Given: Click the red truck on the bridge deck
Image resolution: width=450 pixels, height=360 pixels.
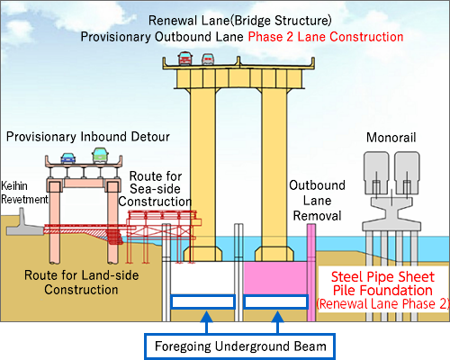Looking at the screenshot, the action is click(x=184, y=58).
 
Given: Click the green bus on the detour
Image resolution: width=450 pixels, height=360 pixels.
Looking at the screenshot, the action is click(x=100, y=156).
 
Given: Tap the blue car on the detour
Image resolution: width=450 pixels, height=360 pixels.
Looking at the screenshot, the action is click(x=68, y=158).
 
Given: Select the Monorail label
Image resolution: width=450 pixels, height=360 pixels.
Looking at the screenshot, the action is click(x=391, y=138).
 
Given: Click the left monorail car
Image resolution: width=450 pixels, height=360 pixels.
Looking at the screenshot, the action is click(x=376, y=173).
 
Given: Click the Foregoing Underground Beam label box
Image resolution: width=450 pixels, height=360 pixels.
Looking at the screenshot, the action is click(x=240, y=346).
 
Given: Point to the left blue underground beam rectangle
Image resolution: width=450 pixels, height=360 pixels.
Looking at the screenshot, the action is click(x=202, y=301).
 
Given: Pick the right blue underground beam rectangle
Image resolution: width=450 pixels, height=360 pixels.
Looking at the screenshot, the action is click(x=275, y=301).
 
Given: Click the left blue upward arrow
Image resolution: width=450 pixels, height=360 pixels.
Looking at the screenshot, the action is click(x=206, y=322).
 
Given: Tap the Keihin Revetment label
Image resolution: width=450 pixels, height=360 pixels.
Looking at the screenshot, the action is click(x=24, y=193).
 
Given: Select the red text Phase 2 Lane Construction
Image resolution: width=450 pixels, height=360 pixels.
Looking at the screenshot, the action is click(x=326, y=37).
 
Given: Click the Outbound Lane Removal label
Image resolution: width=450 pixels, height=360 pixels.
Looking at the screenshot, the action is click(x=317, y=201).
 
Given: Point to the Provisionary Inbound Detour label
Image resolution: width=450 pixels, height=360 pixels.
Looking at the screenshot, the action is click(x=88, y=137).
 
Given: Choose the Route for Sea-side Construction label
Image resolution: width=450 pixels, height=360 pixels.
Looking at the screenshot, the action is click(x=155, y=189).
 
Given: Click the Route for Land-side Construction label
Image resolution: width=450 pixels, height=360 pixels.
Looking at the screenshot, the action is click(x=81, y=283).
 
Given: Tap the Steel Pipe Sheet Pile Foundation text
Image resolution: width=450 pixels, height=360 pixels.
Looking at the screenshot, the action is click(x=382, y=283).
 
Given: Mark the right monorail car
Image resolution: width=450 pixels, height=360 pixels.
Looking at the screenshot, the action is click(x=407, y=173).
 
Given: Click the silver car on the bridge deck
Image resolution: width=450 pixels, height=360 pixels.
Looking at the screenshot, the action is click(x=208, y=59).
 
